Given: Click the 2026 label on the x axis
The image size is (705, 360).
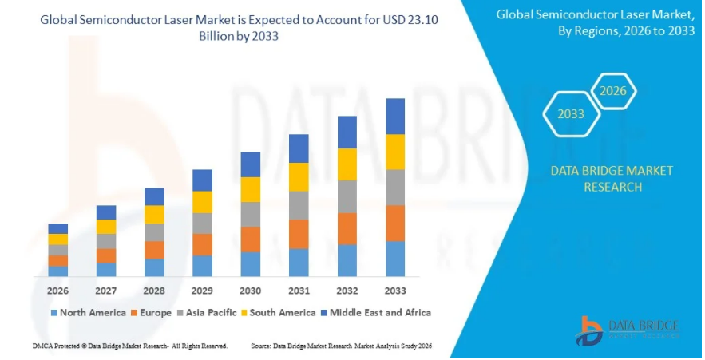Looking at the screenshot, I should [58, 291].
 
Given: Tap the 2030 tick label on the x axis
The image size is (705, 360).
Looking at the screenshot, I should [251, 291].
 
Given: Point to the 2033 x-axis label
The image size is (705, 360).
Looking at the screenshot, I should [395, 291].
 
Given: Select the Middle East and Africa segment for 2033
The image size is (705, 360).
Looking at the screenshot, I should [395, 117].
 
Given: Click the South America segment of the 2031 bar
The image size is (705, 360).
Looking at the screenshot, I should [299, 177].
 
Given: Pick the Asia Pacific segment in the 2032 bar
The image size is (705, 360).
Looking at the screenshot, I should [347, 196].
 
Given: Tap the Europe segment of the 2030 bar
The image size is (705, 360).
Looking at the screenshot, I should [251, 239].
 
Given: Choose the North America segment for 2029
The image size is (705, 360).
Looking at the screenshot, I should [203, 266].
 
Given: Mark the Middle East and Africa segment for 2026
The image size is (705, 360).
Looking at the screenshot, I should [58, 228].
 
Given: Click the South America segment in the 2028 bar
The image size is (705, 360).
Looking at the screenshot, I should [154, 214].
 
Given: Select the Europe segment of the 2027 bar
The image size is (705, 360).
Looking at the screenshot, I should [106, 255].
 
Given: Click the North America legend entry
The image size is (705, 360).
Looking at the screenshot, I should [88, 313].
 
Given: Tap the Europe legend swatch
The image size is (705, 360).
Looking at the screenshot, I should [133, 313].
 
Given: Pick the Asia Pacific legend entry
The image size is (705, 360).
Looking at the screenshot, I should [206, 313].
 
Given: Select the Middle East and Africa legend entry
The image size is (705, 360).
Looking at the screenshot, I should [374, 313].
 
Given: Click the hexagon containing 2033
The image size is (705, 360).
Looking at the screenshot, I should [571, 114].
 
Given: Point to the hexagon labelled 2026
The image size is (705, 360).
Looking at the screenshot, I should [613, 91].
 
